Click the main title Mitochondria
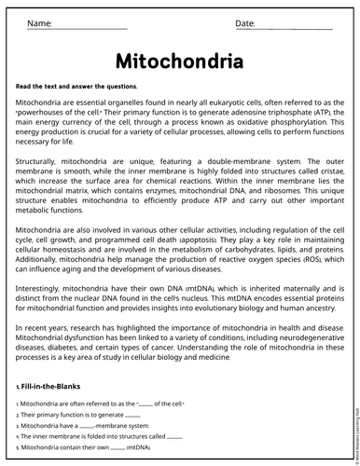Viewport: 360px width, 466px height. point(179,62)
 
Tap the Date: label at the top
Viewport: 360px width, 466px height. point(245,21)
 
